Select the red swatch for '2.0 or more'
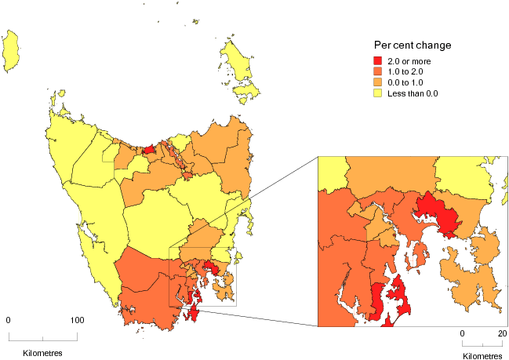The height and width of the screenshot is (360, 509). (x=378, y=60)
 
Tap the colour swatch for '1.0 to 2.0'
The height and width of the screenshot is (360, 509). (x=378, y=71)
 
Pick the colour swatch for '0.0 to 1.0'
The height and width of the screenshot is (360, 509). (x=378, y=82)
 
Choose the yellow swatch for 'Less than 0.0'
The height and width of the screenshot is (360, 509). (x=378, y=93)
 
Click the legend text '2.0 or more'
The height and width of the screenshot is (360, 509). (x=410, y=60)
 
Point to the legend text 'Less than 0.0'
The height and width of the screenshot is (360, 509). (x=414, y=93)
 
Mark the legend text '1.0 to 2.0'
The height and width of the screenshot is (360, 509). (x=407, y=71)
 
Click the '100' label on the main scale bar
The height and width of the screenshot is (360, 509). (x=77, y=320)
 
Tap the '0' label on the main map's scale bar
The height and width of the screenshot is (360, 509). (x=9, y=320)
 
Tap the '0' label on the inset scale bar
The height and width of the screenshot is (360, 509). (x=462, y=333)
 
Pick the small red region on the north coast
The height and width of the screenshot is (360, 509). (x=148, y=148)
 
